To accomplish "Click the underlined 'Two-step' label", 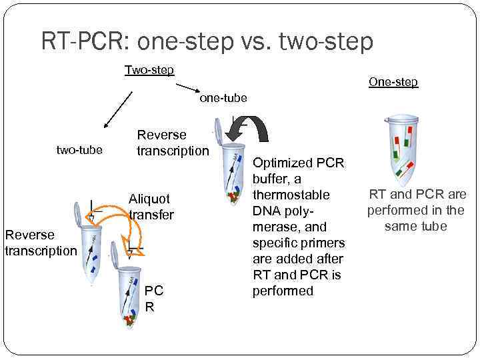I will (x=149, y=70).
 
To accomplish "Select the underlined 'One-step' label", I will (x=393, y=81).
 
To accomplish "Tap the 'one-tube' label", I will (x=223, y=98).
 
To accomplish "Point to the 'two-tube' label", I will (x=79, y=149).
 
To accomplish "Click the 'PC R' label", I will (x=154, y=299).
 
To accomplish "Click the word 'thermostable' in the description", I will (x=291, y=195).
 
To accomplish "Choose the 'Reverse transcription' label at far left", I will (x=40, y=242).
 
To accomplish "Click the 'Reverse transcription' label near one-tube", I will (x=172, y=143).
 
